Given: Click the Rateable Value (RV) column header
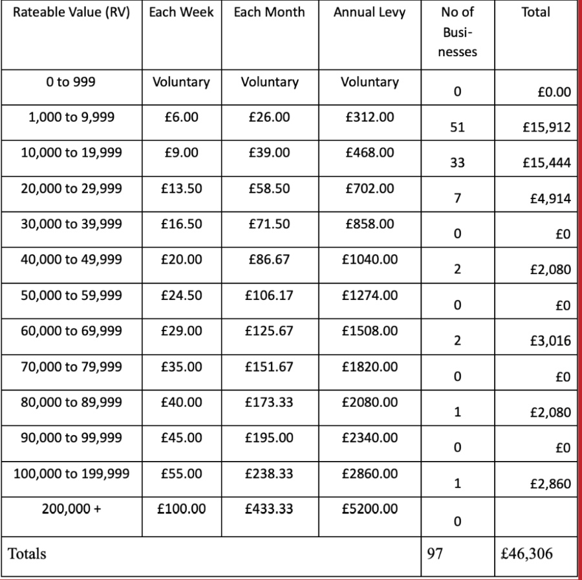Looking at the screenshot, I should (70, 12).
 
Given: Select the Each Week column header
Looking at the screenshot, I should (181, 12).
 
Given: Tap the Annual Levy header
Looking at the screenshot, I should (369, 12).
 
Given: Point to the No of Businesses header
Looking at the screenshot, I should (457, 31).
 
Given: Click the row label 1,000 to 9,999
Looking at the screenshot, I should (70, 118).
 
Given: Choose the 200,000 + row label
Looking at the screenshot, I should (70, 509).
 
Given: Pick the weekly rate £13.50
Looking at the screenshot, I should (181, 189).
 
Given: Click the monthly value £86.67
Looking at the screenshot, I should (270, 260).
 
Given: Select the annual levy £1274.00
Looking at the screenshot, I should (369, 295).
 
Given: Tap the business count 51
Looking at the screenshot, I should (457, 127).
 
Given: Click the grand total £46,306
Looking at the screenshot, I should (527, 553).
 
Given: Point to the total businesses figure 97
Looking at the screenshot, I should (434, 553).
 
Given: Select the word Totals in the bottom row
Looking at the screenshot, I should (27, 554).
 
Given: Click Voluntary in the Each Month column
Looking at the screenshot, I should (270, 82).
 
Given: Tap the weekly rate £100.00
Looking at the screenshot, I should (181, 509).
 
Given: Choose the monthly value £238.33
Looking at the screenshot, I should (270, 473).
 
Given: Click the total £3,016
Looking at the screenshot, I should (549, 341).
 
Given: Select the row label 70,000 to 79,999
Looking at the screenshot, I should (70, 367).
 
